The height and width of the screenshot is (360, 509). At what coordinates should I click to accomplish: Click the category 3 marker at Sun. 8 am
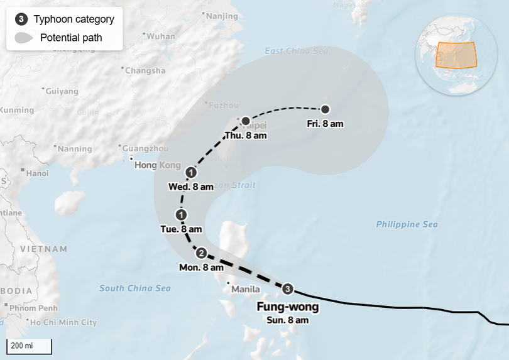(x=288, y=289)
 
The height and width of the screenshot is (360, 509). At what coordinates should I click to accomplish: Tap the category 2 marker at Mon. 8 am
(x=201, y=253)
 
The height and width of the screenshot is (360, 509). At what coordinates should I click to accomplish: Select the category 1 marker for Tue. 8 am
(x=182, y=215)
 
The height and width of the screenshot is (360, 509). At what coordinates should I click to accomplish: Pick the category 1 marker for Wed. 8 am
(x=191, y=172)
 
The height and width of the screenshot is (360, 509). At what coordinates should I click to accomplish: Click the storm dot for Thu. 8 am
(x=246, y=121)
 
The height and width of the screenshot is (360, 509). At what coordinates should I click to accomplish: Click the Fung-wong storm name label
(x=288, y=307)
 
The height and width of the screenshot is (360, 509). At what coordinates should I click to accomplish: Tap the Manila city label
(x=245, y=290)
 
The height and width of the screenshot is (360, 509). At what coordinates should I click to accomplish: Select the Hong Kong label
(x=157, y=165)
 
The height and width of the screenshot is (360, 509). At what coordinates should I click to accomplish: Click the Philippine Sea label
(x=407, y=224)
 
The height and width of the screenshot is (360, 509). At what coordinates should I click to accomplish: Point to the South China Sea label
(x=135, y=288)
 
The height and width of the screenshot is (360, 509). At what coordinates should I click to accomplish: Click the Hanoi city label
(x=37, y=173)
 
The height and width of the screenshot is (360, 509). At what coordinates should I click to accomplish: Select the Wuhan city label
(x=161, y=36)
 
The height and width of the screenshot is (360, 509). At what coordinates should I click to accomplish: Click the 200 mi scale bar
(x=29, y=346)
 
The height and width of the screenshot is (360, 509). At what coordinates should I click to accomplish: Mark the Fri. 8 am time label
(x=325, y=124)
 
